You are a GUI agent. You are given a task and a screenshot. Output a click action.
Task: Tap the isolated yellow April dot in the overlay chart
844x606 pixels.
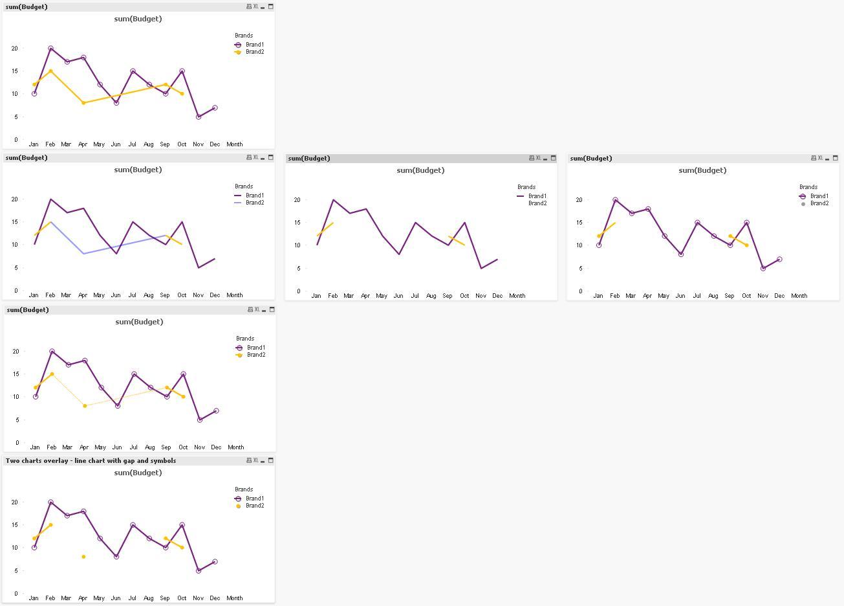point(83,557)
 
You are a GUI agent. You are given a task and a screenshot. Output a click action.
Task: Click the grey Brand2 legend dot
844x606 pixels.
point(803,204)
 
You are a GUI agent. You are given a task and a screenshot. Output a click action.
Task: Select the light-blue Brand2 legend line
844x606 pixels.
point(238,203)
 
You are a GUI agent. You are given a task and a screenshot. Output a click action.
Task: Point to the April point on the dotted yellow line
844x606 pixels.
point(85,406)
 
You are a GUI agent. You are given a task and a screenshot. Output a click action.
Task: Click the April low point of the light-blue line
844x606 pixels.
point(83,254)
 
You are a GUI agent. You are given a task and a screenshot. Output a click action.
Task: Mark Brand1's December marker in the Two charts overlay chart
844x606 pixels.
point(215,561)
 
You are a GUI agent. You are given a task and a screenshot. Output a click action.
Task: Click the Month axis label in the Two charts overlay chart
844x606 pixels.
point(234,598)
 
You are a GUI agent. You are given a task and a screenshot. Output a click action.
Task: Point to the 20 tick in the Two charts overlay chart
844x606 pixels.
point(14,502)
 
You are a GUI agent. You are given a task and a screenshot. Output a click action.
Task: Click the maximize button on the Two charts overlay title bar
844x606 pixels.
point(270,460)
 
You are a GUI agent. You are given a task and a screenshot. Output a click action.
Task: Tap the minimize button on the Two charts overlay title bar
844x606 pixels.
point(263,461)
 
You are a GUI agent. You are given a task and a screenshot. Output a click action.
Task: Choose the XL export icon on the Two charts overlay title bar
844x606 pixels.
point(255,460)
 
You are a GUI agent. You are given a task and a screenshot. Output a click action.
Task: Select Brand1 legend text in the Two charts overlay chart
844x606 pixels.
point(255,499)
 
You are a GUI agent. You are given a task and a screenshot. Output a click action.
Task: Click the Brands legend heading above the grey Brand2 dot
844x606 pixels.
point(808,187)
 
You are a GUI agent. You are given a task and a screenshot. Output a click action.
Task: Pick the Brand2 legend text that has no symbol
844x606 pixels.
point(537,203)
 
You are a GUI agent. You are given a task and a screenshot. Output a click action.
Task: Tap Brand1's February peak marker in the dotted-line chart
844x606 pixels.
point(52,352)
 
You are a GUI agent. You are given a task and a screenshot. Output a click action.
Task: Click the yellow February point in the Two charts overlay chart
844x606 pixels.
point(50,525)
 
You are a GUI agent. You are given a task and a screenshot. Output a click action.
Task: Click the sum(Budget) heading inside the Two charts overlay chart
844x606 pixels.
point(138,473)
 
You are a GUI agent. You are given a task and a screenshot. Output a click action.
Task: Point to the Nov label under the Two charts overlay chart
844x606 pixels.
point(198,598)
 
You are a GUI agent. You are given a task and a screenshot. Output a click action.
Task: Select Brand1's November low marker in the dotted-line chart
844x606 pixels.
point(200,420)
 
